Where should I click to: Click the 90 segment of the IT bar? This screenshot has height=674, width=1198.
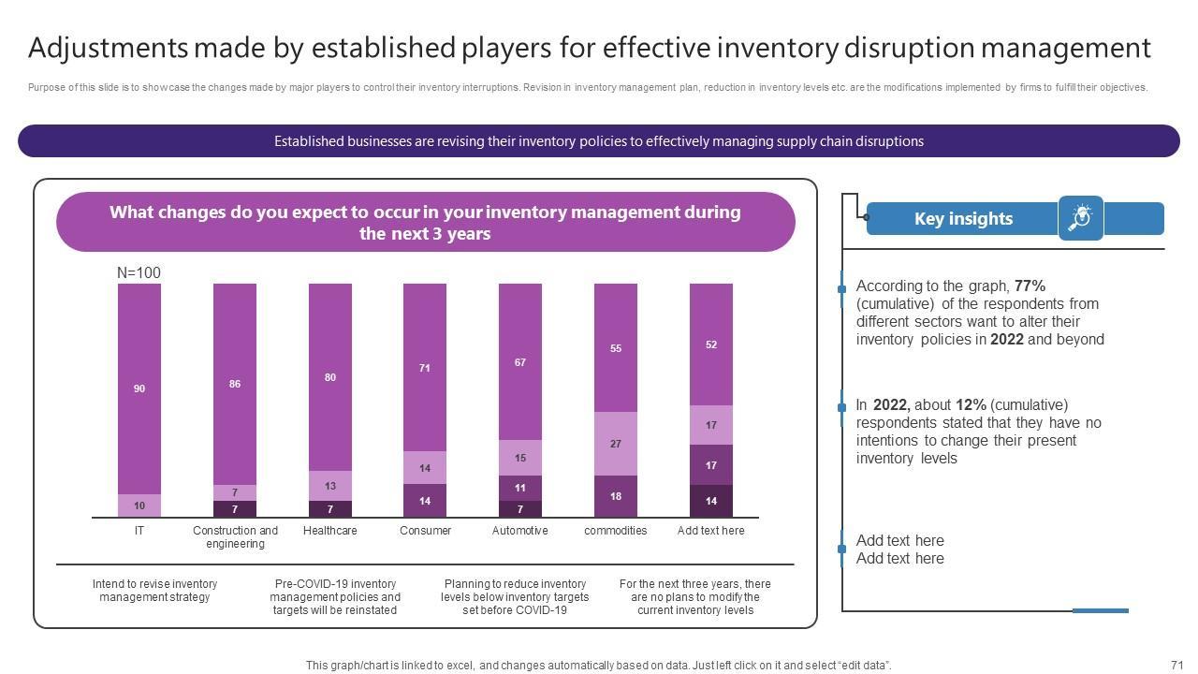coord(139,388)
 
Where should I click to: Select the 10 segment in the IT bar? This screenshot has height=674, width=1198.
coord(139,505)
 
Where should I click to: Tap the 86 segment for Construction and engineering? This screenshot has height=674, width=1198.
coord(235,384)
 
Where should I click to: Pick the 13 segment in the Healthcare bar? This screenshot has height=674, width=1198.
coord(330,486)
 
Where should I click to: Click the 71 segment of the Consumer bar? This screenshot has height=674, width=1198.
coord(425,368)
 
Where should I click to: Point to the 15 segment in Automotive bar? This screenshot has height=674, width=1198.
coord(520,458)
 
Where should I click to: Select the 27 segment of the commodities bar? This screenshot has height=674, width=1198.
coord(616,444)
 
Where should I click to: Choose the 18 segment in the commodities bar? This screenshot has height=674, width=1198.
coord(616,496)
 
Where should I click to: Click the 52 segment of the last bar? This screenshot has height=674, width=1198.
coord(711,344)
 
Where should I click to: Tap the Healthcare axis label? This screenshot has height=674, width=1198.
coord(330,531)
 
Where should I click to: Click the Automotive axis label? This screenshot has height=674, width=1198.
coord(520,531)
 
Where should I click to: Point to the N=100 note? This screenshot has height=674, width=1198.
coord(139,272)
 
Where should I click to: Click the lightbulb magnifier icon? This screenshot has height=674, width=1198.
coord(1081,218)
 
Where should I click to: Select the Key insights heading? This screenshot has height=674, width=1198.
coord(963,219)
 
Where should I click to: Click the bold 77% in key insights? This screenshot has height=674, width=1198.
coord(1030,286)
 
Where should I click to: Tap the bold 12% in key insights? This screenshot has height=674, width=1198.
coord(971,405)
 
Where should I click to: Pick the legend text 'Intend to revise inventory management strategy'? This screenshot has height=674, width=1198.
coord(154,591)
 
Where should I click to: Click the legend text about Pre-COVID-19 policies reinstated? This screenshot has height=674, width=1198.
coord(335,597)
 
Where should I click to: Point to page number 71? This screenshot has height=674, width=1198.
coord(1177,666)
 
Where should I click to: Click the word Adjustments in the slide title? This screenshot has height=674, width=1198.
coord(108,48)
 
